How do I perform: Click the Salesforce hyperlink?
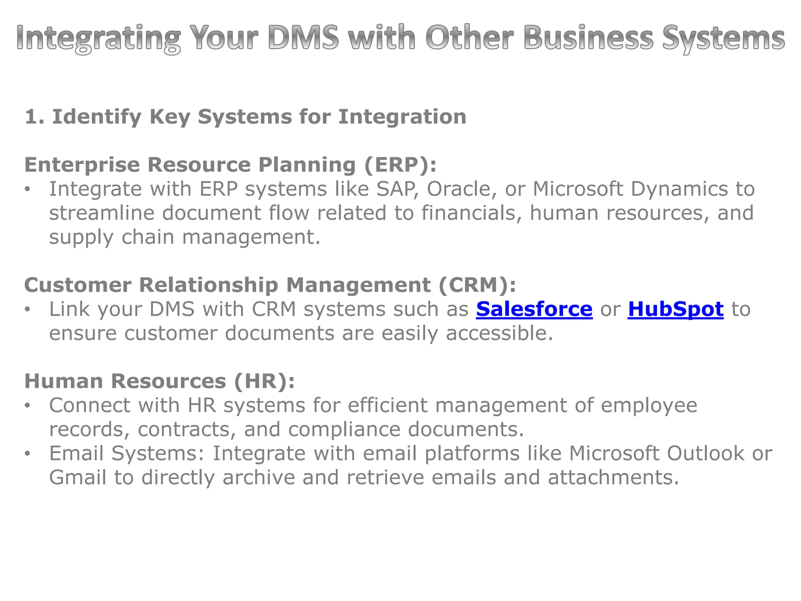click(x=534, y=309)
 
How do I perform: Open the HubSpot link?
click(x=675, y=309)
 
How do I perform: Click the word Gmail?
click(x=77, y=478)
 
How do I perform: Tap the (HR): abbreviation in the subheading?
click(x=264, y=381)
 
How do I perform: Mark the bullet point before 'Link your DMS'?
click(x=27, y=309)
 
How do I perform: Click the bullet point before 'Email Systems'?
click(x=27, y=454)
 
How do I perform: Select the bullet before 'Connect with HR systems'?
click(x=27, y=406)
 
